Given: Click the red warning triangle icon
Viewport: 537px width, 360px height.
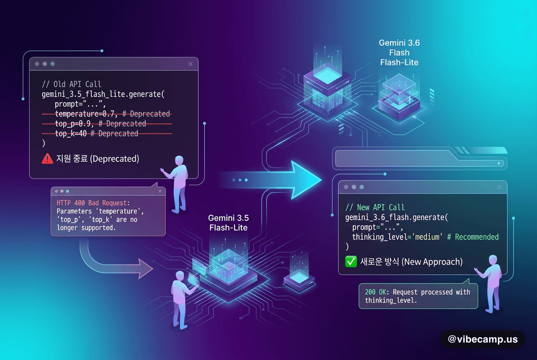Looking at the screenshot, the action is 47,159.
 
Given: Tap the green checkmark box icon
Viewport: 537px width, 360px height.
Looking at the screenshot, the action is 351,262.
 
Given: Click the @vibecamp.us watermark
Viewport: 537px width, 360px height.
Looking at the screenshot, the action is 483,339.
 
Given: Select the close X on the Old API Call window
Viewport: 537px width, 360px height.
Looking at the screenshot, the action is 190,64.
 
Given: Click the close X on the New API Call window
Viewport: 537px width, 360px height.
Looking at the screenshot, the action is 499,187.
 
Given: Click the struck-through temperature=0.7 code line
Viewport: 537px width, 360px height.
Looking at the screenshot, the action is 107,114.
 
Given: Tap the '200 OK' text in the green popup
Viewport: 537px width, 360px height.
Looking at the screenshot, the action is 376,292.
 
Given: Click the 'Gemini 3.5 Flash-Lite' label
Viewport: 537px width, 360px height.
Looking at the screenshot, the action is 229,223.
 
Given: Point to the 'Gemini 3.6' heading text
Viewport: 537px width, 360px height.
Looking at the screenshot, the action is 399,43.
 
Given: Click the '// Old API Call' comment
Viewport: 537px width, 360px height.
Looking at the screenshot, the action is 71,84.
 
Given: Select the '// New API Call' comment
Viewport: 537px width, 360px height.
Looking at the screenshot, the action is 375,207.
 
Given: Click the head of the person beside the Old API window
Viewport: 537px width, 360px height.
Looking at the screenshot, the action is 179,160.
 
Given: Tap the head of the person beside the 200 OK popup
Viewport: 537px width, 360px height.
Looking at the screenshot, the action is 493,260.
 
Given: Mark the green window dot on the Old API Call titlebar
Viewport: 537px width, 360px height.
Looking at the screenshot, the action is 53,64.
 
